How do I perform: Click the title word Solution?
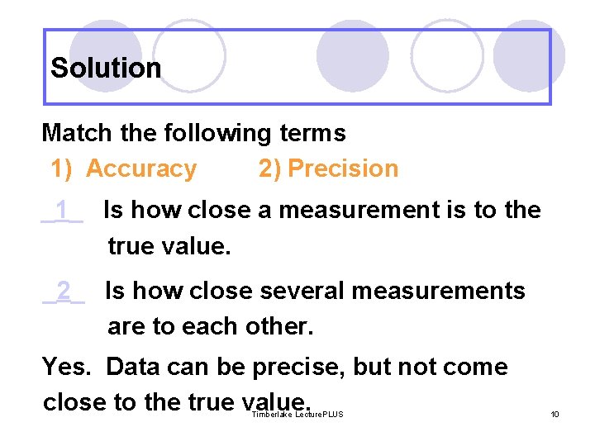pos(106,68)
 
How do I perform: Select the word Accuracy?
pos(141,168)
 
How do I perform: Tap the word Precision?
pos(343,168)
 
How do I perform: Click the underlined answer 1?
pos(62,211)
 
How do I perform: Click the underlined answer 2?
pos(64,291)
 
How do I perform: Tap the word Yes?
pos(69,367)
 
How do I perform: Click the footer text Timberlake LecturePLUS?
pos(297,414)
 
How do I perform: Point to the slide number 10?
pos(555,414)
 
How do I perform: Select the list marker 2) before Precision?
pos(269,168)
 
